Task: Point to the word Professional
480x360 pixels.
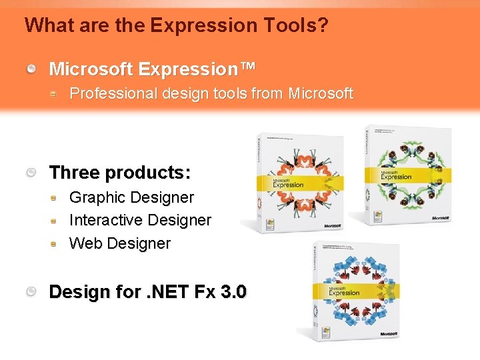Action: click(x=113, y=94)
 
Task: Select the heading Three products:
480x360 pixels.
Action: click(x=120, y=173)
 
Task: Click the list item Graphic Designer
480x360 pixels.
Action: click(x=131, y=197)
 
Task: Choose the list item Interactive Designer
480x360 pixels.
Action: click(x=140, y=220)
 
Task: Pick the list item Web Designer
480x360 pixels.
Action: click(x=120, y=243)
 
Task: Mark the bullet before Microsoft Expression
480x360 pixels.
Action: click(x=32, y=69)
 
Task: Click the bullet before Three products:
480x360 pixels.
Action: click(x=32, y=173)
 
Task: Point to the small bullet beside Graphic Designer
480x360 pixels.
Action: click(x=54, y=198)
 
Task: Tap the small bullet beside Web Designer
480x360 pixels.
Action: click(x=54, y=244)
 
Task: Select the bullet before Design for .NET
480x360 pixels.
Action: click(x=32, y=293)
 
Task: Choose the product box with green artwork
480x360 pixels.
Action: click(x=407, y=175)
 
